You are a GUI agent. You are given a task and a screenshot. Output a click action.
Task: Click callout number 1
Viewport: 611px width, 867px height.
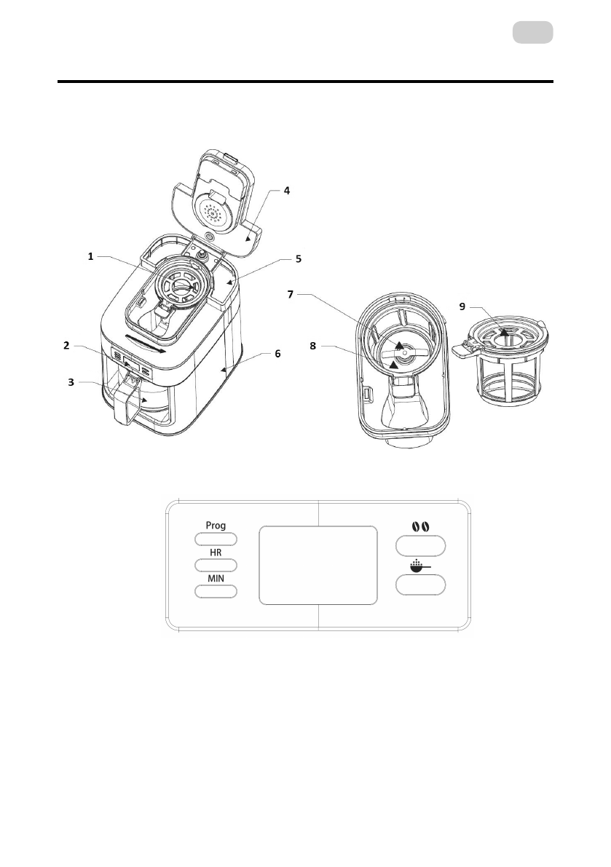(x=91, y=256)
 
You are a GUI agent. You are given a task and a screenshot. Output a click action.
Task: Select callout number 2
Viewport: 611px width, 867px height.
(x=66, y=346)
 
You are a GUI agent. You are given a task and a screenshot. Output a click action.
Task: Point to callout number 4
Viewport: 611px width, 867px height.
(x=286, y=191)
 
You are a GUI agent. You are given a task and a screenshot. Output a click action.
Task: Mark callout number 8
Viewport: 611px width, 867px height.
(x=312, y=347)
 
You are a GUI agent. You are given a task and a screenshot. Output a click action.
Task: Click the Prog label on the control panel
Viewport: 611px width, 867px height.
(x=216, y=526)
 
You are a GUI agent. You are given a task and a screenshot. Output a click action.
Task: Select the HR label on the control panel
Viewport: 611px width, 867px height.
(x=216, y=553)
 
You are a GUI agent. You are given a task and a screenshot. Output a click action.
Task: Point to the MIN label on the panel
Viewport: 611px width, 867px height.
(x=216, y=578)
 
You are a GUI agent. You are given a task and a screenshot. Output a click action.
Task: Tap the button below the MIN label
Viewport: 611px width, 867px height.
(x=216, y=591)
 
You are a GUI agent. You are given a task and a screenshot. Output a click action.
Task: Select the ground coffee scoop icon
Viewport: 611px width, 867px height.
(x=419, y=565)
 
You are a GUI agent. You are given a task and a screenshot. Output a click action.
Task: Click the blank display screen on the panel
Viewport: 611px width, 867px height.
(x=318, y=566)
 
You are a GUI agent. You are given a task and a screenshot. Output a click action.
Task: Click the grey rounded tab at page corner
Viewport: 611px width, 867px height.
(x=532, y=33)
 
